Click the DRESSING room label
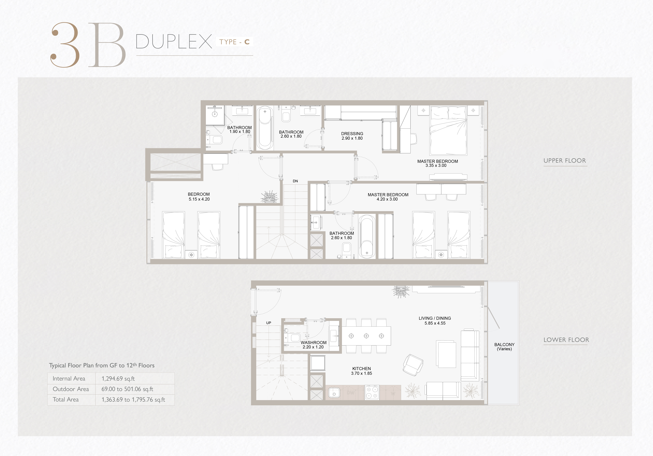[352, 134]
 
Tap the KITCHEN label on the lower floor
[361, 369]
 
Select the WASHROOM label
[313, 343]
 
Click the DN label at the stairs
[295, 181]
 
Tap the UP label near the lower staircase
[268, 323]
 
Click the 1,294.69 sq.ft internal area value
[118, 379]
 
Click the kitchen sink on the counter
[334, 393]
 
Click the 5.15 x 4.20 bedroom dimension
[199, 199]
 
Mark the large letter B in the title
[107, 45]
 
